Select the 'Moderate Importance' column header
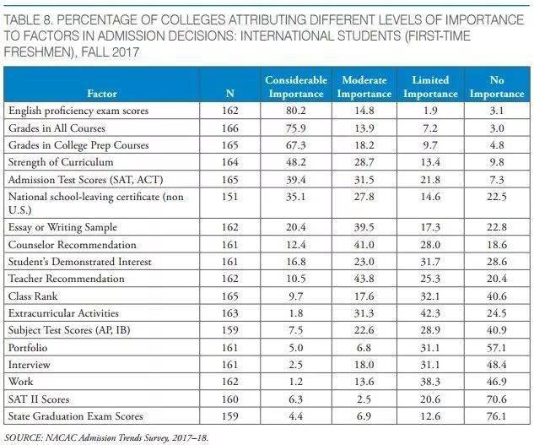364,86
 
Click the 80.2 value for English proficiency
296,110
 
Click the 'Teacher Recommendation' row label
64,279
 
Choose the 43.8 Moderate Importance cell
364,279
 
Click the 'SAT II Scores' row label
40,399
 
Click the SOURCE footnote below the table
105,437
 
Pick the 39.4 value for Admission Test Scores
296,180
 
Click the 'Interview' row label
30,365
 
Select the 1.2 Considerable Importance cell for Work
296,382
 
